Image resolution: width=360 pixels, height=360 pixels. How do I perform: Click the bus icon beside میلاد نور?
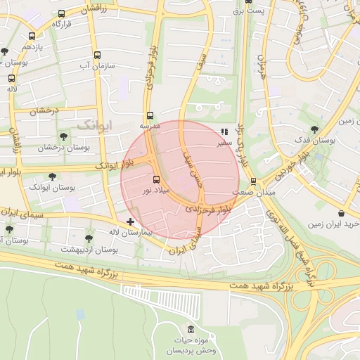tap(156, 179)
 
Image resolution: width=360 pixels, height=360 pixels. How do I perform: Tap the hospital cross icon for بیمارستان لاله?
tap(130, 221)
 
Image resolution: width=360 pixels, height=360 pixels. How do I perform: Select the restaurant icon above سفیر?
tap(224, 131)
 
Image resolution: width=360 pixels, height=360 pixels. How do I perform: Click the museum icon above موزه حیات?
tap(191, 330)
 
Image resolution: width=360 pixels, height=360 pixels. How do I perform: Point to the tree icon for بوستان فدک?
tap(313, 129)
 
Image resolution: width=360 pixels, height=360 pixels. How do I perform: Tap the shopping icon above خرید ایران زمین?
tap(341, 213)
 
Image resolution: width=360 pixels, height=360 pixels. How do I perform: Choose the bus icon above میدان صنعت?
tap(254, 181)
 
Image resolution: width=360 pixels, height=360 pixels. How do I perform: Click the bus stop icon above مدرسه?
tap(149, 115)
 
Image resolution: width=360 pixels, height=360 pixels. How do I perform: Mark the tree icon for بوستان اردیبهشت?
tap(89, 238)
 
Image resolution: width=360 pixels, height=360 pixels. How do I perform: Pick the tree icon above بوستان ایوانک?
tap(51, 176)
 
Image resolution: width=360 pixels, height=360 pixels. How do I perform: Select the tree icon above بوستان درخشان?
tap(63, 136)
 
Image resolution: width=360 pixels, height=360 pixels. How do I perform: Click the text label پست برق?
tap(249, 11)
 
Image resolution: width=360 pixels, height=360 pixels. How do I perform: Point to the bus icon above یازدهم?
tap(32, 35)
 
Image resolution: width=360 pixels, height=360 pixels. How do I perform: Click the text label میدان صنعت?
tap(254, 192)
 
